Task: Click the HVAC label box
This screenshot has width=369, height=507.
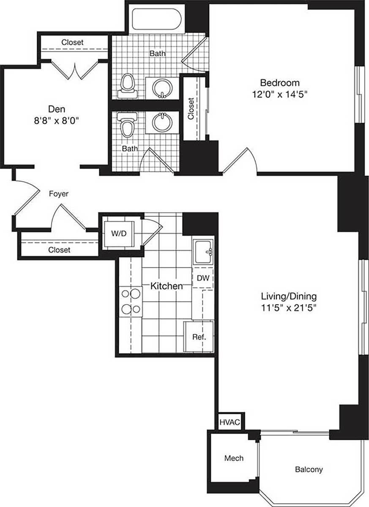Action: [229, 422]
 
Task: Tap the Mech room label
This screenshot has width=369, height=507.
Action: [234, 458]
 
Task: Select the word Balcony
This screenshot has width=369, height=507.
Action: [309, 469]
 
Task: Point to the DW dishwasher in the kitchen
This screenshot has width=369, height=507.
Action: [203, 278]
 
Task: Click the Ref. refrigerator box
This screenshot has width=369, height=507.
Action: [199, 337]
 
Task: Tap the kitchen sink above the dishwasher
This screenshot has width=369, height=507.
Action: [203, 253]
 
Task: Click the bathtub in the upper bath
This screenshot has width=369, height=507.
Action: [157, 19]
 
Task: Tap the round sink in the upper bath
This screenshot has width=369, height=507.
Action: [162, 88]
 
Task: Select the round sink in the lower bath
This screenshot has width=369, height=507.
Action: [162, 123]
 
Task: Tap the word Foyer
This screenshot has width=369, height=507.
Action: [59, 194]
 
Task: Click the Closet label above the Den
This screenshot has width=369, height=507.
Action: [72, 42]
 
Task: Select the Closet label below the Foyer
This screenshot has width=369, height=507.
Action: [59, 250]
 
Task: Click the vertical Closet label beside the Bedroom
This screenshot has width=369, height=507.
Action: [191, 109]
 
